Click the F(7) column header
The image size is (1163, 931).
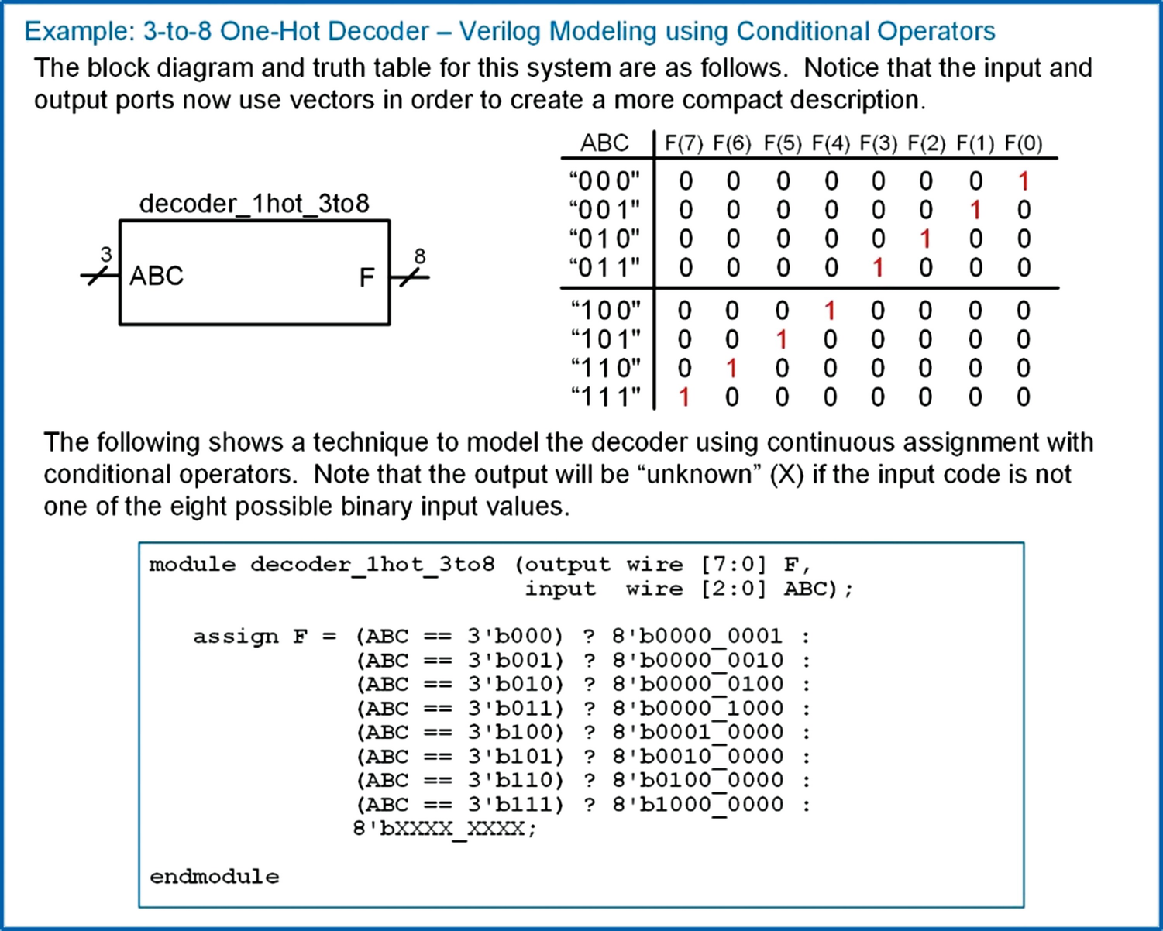coord(683,143)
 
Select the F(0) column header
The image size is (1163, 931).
coord(1023,143)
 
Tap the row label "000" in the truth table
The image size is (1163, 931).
coord(604,181)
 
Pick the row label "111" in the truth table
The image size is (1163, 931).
coord(606,397)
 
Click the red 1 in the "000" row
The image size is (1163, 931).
coord(1024,181)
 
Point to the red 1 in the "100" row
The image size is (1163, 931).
coord(830,311)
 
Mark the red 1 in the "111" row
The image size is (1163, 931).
coord(684,397)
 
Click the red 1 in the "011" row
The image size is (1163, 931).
coord(878,268)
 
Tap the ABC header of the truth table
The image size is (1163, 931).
coord(604,143)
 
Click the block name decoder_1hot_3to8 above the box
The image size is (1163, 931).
coord(254,204)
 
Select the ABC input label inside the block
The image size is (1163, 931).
coord(157,276)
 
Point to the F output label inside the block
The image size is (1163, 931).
coord(366,277)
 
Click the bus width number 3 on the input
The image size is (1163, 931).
coord(106,254)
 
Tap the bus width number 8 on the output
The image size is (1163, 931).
coord(419,256)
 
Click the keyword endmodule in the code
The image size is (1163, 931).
coord(215,876)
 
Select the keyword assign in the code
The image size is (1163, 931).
coord(236,637)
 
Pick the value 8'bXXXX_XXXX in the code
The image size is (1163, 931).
coord(444,829)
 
